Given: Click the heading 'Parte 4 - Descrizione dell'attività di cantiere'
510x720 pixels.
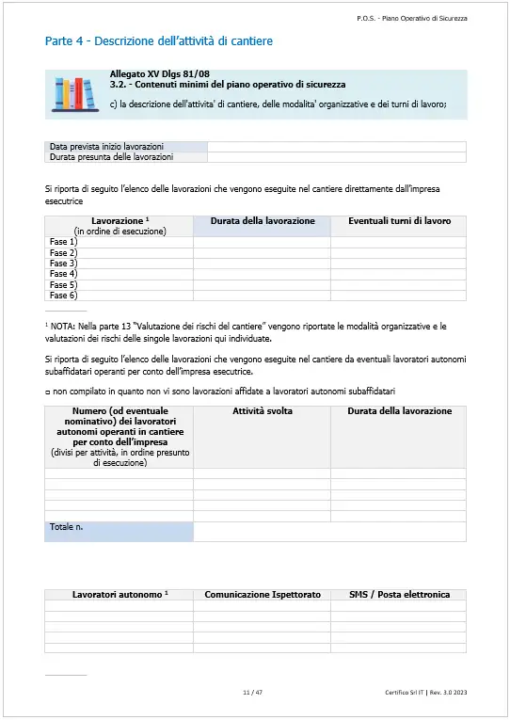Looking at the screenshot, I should tap(159, 41).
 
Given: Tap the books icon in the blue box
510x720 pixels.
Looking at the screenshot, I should tap(74, 94).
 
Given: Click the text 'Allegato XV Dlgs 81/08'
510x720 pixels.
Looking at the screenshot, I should tap(159, 73).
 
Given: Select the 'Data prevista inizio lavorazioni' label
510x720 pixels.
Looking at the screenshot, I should tap(106, 147).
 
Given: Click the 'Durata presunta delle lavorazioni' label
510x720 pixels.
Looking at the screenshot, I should tap(111, 157).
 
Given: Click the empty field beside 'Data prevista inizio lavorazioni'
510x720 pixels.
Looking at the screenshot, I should tap(336, 147).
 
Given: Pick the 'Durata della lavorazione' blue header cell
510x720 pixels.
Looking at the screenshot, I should tap(262, 221).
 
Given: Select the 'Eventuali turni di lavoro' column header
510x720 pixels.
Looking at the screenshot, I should tap(399, 221).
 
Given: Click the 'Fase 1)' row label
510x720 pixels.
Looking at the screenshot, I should tap(63, 243).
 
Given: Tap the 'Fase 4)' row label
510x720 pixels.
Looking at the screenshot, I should tap(63, 274).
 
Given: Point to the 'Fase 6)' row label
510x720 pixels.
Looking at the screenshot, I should tap(63, 295).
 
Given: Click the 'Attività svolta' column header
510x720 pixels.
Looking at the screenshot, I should tap(262, 411).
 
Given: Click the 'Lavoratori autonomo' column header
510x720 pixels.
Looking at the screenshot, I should tap(120, 595).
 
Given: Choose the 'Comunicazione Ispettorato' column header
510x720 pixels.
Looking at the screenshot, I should tap(263, 595).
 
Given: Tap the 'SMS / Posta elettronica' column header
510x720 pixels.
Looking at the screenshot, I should tap(399, 595).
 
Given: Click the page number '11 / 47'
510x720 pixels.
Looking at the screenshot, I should tap(252, 693).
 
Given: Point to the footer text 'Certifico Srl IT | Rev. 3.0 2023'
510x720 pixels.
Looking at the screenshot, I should tap(425, 693).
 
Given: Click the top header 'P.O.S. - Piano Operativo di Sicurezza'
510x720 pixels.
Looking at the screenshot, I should tap(412, 18).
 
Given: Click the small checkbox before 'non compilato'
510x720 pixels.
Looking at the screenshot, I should tap(47, 391).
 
